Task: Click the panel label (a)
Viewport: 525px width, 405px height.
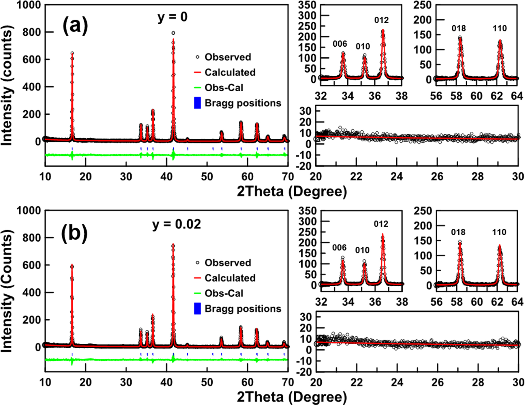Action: pyautogui.click(x=75, y=26)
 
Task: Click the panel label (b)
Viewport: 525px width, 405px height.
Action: pyautogui.click(x=74, y=233)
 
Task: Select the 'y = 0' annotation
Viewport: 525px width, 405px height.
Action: pyautogui.click(x=172, y=17)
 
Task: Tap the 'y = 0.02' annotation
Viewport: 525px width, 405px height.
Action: pyautogui.click(x=177, y=224)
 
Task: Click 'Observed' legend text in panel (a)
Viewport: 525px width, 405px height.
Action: pyautogui.click(x=228, y=57)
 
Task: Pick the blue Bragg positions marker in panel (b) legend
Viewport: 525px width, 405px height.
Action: pyautogui.click(x=198, y=309)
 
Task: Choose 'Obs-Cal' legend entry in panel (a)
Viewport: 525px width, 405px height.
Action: pyautogui.click(x=224, y=88)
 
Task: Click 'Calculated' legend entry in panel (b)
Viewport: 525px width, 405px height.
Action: pyautogui.click(x=230, y=278)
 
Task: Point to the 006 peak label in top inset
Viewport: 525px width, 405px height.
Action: pyautogui.click(x=340, y=44)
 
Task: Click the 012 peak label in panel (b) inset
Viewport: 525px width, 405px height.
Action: pyautogui.click(x=381, y=224)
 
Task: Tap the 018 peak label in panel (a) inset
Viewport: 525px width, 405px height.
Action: pyautogui.click(x=459, y=29)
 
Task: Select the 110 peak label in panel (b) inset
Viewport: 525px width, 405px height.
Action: pyautogui.click(x=499, y=232)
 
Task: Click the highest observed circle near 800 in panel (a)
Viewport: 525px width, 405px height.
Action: pyautogui.click(x=173, y=33)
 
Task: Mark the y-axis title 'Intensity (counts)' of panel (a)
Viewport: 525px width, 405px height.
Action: pyautogui.click(x=7, y=85)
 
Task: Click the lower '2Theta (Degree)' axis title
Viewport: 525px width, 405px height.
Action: pyautogui.click(x=292, y=397)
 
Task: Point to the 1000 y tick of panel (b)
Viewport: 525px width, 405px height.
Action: pyautogui.click(x=29, y=211)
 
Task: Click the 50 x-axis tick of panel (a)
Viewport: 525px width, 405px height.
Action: pyautogui.click(x=207, y=177)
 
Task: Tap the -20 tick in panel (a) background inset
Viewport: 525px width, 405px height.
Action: pyautogui.click(x=305, y=166)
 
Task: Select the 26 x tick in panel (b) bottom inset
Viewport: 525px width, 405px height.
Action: pyautogui.click(x=437, y=382)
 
